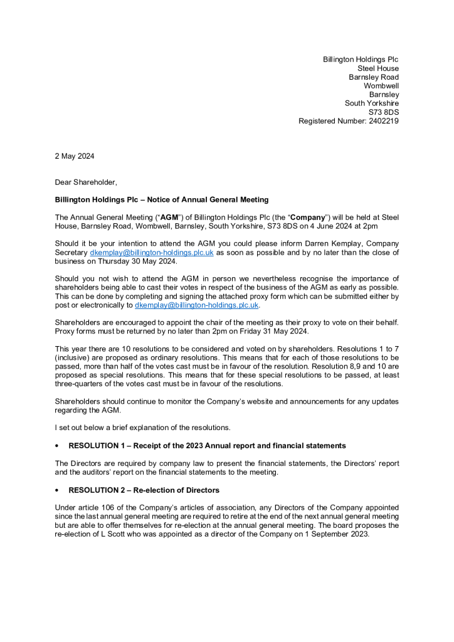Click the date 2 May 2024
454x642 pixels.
(75, 155)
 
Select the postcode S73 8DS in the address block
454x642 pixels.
(383, 112)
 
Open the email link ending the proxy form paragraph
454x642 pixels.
(197, 305)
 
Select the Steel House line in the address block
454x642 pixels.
(378, 68)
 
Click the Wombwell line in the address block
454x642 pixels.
(381, 86)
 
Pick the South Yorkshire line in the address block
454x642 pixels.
(372, 103)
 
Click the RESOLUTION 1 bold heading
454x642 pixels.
(207, 446)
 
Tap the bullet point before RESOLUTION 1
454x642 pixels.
(57, 446)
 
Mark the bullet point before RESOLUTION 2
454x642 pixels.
(57, 490)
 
